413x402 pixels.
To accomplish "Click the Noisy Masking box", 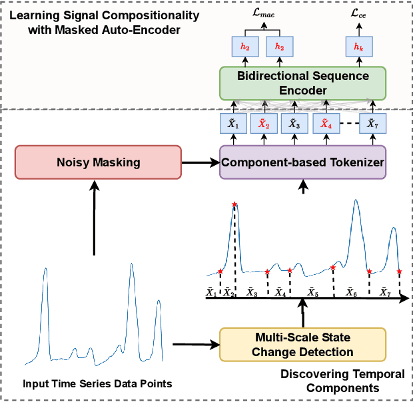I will [x=98, y=162].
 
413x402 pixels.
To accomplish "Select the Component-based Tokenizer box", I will [x=303, y=162].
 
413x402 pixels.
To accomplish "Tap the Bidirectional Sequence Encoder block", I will [x=303, y=83].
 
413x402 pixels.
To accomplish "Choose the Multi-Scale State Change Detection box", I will [x=303, y=343].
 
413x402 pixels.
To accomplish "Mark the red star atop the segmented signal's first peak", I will [x=234, y=204].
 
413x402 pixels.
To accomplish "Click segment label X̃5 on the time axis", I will [x=312, y=292].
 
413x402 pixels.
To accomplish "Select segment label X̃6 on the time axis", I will [x=351, y=292].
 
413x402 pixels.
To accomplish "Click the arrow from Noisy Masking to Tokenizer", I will [x=200, y=162].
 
